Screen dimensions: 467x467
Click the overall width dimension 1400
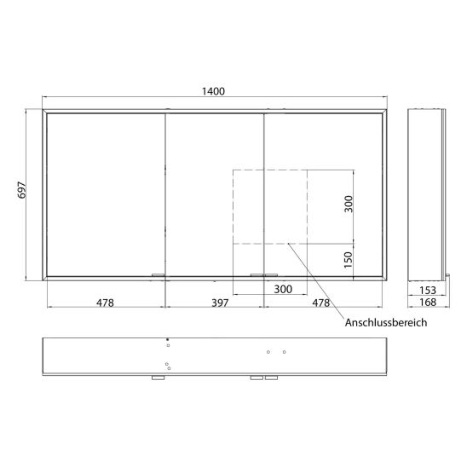pos(213,91)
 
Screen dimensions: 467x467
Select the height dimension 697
pos(22,190)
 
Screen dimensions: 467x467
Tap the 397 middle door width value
pos(220,303)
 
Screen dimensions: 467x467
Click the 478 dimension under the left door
pos(105,303)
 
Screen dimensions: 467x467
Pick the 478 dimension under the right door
pos(320,303)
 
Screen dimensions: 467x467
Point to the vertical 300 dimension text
pos(349,204)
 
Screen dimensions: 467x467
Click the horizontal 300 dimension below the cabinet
pos(283,289)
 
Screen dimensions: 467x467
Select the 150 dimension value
pos(349,260)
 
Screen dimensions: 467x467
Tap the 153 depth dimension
pos(428,290)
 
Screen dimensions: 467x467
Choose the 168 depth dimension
pos(428,303)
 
